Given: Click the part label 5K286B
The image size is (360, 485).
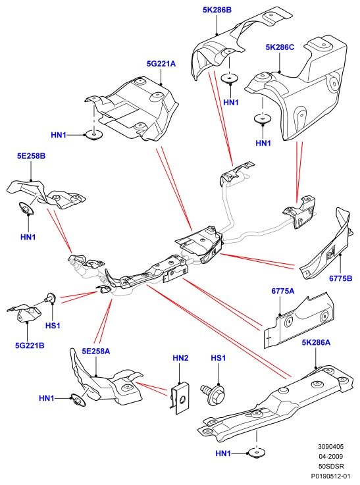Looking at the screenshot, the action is [x=217, y=10].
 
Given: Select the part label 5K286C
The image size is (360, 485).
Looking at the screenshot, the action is [x=280, y=47].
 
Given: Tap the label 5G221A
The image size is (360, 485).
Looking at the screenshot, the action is [x=161, y=64].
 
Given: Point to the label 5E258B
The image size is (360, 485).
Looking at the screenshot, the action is [x=31, y=156].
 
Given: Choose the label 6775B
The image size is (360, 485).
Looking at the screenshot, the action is [x=340, y=278].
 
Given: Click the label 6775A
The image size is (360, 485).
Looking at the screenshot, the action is [x=283, y=291].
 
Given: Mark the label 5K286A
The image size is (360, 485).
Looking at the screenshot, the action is [x=316, y=342].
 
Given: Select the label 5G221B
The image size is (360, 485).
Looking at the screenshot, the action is [x=30, y=345].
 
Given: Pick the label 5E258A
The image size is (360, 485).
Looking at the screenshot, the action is [x=95, y=351].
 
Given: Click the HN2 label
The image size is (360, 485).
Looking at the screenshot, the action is [x=180, y=358].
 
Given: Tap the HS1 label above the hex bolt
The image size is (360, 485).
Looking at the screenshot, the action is [x=218, y=358].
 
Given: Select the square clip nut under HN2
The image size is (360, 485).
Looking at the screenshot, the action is [x=180, y=398].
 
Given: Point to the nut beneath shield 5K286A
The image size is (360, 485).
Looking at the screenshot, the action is [x=257, y=453].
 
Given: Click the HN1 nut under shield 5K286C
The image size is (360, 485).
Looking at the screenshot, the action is [x=263, y=118].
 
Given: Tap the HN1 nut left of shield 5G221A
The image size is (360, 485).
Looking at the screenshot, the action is [x=93, y=135].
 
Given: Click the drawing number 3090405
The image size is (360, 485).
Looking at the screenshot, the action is [x=330, y=447].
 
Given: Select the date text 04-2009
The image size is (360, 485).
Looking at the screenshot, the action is [x=330, y=456].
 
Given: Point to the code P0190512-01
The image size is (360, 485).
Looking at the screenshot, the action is [x=330, y=476].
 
